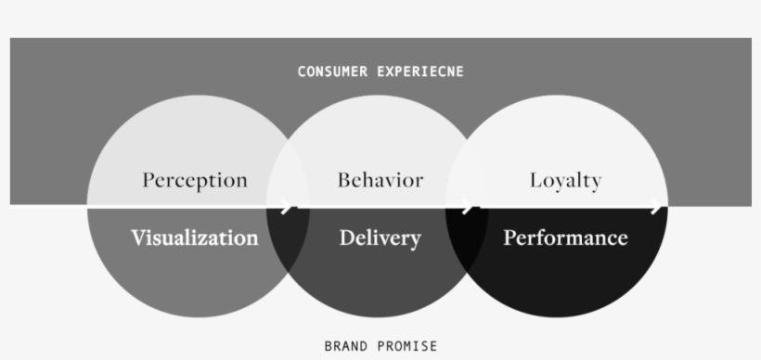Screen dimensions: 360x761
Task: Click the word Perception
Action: [195, 180]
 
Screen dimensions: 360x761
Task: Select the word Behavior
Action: [380, 179]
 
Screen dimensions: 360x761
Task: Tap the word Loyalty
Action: [565, 180]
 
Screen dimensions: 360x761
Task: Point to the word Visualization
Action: [194, 238]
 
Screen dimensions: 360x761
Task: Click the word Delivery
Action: [380, 238]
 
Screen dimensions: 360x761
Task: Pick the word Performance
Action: [565, 238]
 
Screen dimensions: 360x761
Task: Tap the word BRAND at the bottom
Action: [343, 346]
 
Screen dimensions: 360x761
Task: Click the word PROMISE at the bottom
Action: [406, 346]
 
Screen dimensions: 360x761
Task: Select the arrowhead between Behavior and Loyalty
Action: [470, 206]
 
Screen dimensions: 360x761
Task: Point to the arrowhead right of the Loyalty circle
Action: [658, 206]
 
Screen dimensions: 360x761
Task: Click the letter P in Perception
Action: [148, 179]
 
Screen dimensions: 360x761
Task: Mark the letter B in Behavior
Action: [343, 179]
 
